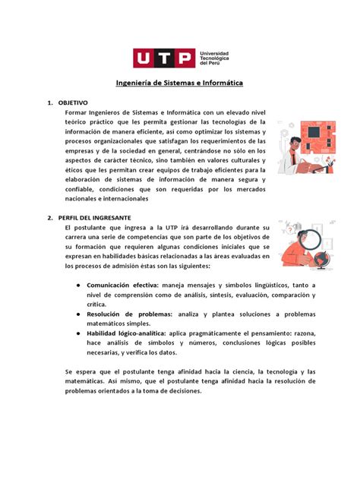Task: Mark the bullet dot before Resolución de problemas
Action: tap(78, 313)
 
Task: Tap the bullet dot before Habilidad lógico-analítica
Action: tap(78, 333)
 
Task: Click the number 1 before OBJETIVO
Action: tap(49, 101)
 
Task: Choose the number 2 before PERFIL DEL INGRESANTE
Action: tap(49, 216)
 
